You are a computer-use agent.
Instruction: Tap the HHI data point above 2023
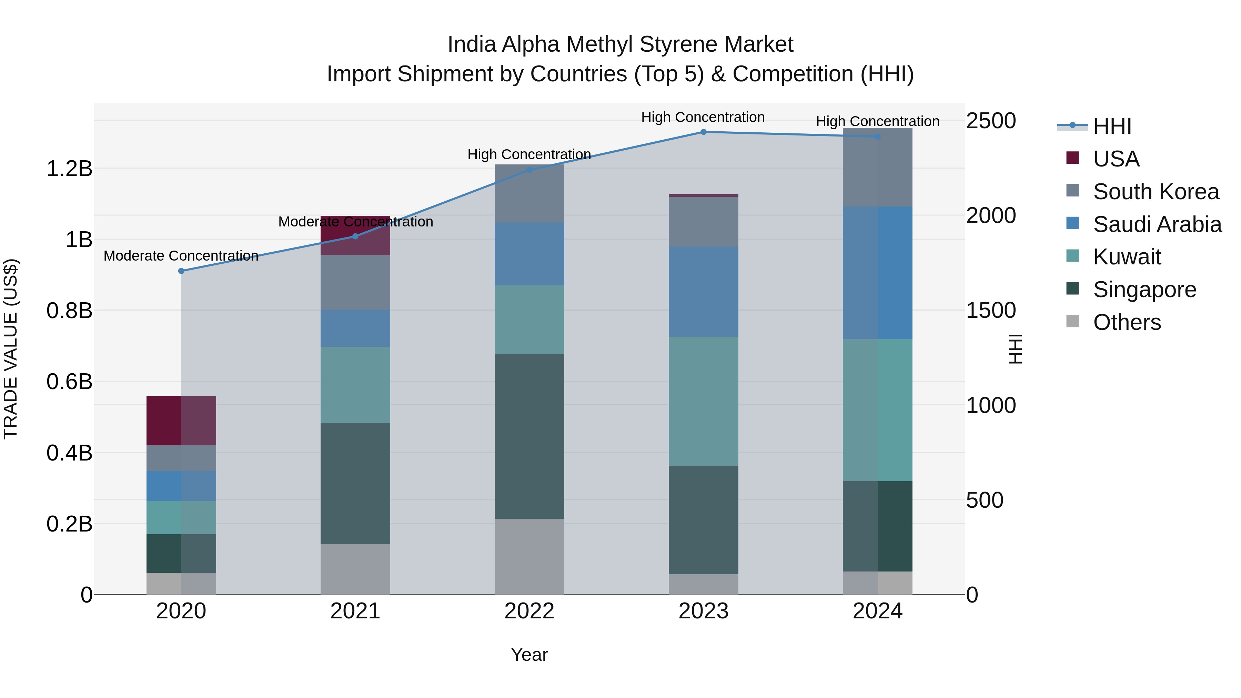(x=703, y=132)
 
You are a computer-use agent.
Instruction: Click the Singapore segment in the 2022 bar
(x=529, y=436)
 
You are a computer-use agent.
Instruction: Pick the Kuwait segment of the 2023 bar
(x=703, y=401)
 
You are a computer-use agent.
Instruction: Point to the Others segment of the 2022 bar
(x=529, y=556)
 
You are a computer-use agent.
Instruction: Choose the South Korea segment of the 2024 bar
(x=877, y=168)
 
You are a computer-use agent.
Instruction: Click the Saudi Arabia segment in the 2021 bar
(x=355, y=328)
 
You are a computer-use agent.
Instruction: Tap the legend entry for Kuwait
(x=1127, y=257)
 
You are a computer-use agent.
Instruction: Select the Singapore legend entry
(x=1144, y=290)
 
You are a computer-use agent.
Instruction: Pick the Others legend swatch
(x=1072, y=321)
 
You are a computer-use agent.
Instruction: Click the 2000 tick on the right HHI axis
(x=990, y=215)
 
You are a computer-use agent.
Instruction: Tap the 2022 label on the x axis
(x=529, y=611)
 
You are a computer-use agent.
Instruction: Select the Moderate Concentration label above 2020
(x=181, y=256)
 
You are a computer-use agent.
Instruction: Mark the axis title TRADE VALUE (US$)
(x=11, y=349)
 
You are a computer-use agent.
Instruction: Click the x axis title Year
(x=529, y=655)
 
